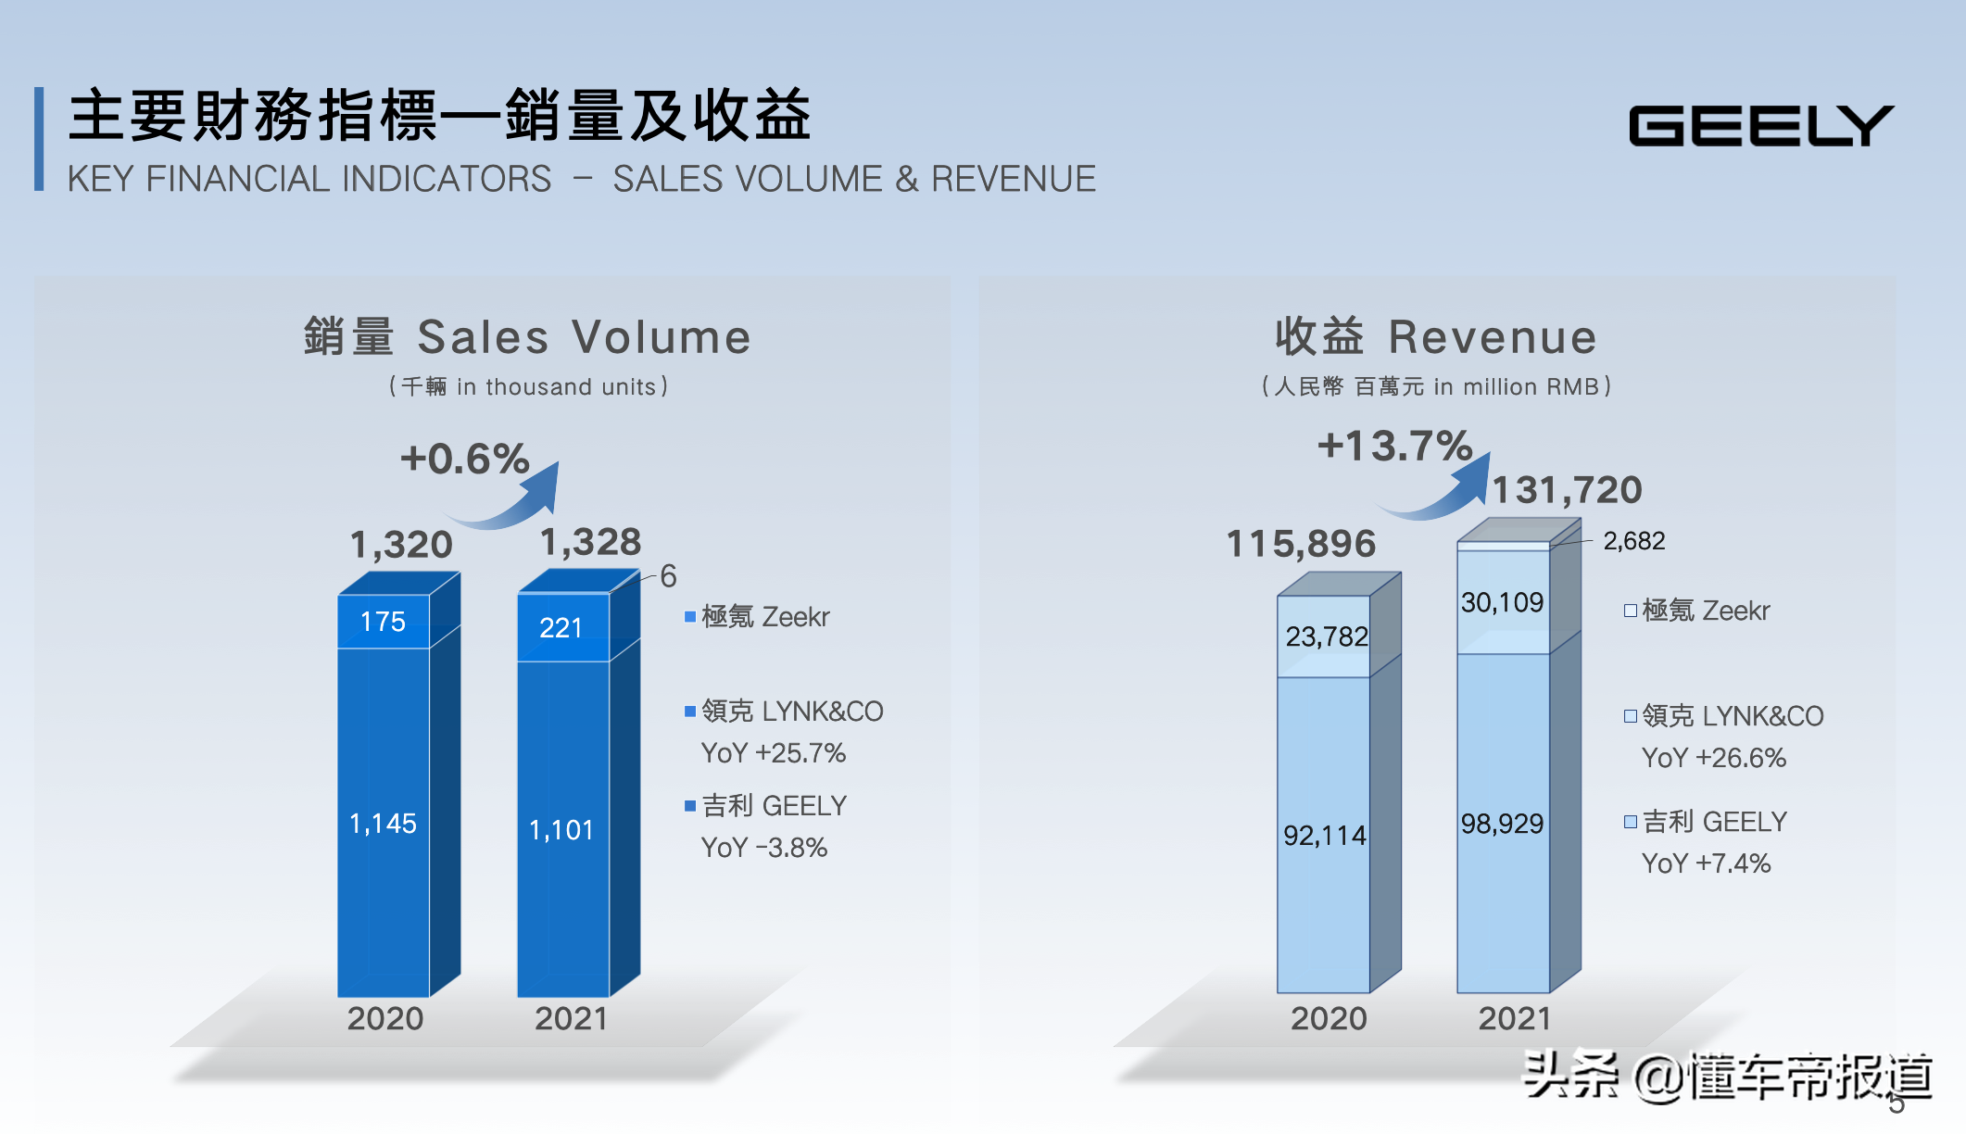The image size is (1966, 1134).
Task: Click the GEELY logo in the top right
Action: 1760,125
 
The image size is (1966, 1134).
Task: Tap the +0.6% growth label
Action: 464,459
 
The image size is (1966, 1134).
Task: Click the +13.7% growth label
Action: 1394,446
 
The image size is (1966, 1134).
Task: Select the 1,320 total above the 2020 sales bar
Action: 401,544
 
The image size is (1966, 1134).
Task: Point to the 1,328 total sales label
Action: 590,542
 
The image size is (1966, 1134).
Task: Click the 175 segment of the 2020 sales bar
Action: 383,622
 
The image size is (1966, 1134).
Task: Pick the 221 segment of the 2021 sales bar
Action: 561,628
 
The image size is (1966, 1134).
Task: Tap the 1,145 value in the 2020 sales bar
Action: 383,824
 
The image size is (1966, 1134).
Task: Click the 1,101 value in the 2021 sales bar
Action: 561,830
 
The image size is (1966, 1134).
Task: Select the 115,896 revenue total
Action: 1301,544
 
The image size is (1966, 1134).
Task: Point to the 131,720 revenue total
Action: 1567,489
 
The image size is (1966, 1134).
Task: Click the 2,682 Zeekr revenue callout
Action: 1633,541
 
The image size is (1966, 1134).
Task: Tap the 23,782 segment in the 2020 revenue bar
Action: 1326,636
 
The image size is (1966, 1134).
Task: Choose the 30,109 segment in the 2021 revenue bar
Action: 1502,603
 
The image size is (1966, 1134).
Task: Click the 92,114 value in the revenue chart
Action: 1324,836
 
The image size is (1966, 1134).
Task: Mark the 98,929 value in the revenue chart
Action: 1502,824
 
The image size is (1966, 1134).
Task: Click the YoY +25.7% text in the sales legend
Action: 773,753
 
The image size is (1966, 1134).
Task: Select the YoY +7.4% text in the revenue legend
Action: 1706,863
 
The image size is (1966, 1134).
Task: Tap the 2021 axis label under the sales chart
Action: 571,1018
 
